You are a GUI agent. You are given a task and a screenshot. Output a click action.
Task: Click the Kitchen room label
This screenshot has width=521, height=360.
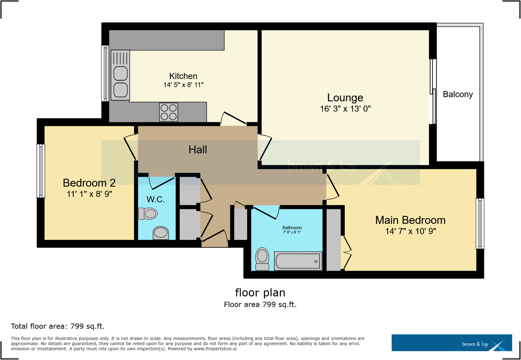[x=183, y=76]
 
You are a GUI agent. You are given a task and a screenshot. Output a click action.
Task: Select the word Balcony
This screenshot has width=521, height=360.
[x=458, y=94]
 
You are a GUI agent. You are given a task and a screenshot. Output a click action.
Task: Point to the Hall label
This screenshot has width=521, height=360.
[x=198, y=150]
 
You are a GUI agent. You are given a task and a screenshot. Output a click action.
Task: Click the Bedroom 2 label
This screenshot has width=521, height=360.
[x=89, y=183]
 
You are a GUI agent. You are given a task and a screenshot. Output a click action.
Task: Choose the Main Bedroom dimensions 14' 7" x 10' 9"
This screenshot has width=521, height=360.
[x=410, y=231]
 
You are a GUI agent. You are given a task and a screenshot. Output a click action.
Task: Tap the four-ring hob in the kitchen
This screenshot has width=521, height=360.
[x=168, y=112]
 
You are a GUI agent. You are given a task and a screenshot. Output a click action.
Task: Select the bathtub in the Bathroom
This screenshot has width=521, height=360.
[x=298, y=261]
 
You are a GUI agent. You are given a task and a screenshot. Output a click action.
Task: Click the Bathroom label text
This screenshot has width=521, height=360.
[x=292, y=227]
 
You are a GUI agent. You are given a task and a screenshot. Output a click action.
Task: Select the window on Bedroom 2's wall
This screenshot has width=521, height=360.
[x=41, y=171]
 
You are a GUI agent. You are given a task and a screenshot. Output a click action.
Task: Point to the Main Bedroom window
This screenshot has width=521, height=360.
[x=480, y=223]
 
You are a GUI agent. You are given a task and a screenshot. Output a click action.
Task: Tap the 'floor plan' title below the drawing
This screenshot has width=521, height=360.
[x=260, y=293]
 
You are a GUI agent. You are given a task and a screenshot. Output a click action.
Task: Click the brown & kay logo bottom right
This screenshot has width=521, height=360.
[x=450, y=343]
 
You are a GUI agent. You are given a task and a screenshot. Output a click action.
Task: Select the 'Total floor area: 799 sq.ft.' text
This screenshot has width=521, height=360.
[x=58, y=327]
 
